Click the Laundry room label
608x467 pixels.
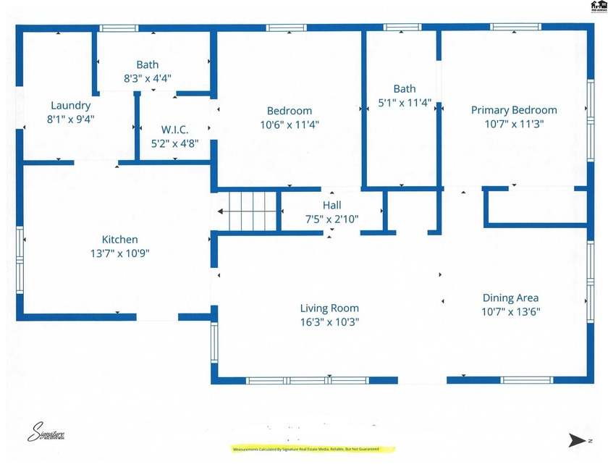70,105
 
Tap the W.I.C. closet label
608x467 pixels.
174,130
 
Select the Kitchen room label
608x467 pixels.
119,240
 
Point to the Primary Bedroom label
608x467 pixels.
514,110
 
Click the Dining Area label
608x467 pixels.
510,298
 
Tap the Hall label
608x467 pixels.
332,206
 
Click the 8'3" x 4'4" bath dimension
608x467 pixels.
147,77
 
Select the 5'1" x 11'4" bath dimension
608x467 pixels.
405,103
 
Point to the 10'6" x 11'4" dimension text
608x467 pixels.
290,124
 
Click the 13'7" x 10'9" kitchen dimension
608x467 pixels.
119,253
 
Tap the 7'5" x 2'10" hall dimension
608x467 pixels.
332,219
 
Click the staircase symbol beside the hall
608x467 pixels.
249,211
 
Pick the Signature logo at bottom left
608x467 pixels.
47,432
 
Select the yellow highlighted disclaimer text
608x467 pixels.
313,450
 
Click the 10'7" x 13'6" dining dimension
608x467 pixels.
510,311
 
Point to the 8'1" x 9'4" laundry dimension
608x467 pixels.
70,119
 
